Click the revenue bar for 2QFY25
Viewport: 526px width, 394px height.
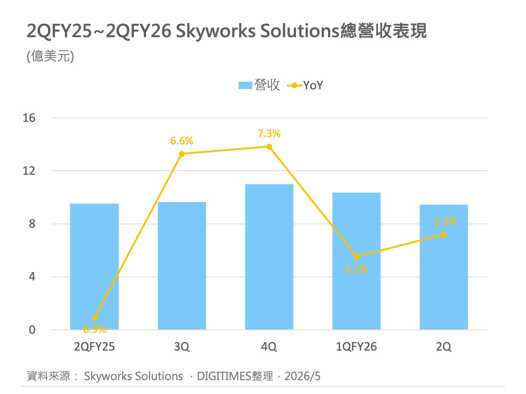[94, 266]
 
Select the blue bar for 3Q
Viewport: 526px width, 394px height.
[182, 266]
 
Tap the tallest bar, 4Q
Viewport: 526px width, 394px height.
[269, 257]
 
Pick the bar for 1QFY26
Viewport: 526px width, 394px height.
[357, 261]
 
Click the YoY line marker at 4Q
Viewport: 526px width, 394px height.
[269, 147]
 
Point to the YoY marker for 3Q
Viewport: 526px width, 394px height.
[182, 154]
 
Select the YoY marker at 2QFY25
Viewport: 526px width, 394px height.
[94, 318]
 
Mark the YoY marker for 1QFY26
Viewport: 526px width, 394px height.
[357, 257]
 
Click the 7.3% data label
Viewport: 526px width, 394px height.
[269, 134]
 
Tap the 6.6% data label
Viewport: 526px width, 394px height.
[182, 141]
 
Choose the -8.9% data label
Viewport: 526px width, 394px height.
[93, 329]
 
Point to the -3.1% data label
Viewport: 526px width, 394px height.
[355, 269]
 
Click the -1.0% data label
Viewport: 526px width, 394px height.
[443, 221]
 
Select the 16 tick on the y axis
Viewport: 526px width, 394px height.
[29, 118]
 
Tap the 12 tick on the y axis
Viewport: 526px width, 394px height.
[29, 171]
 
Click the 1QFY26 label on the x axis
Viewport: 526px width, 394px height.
[357, 347]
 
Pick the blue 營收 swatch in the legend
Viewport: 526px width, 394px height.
[245, 85]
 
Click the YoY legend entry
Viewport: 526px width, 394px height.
[305, 85]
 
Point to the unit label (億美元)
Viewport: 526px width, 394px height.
[50, 56]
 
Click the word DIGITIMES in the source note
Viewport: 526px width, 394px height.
[224, 376]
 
